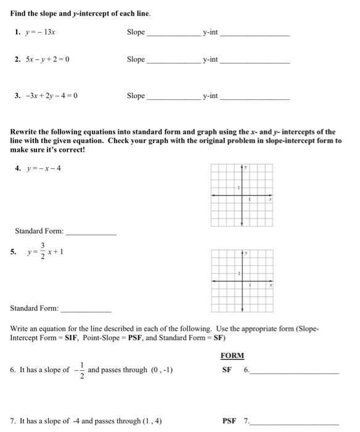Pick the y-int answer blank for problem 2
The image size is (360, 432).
click(x=254, y=62)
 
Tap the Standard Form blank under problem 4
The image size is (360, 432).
click(x=91, y=233)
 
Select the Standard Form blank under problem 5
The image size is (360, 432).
click(x=86, y=310)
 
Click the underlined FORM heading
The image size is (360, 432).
click(x=232, y=356)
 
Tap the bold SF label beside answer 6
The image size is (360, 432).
click(x=226, y=370)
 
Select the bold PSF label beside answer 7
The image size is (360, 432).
click(x=229, y=422)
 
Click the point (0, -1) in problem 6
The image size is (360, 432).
click(x=160, y=370)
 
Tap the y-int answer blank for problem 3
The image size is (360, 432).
click(x=254, y=98)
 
